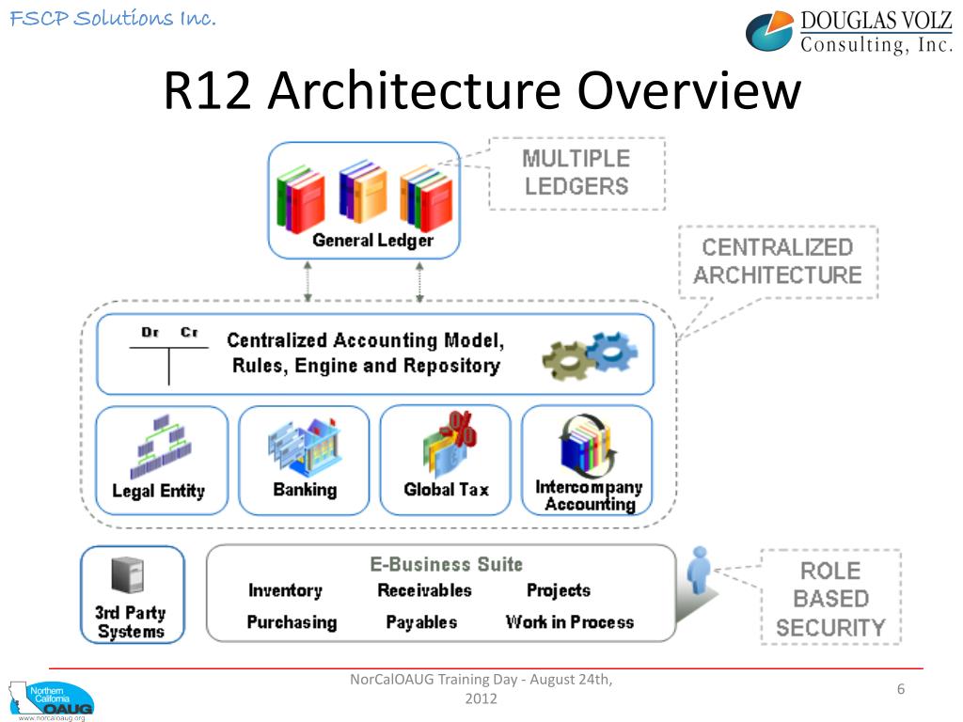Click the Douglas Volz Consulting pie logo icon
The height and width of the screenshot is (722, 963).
coord(769,31)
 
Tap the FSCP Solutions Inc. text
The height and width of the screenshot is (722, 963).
coord(113,18)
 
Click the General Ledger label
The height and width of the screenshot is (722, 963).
coord(372,240)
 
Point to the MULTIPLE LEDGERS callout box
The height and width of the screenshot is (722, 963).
coord(576,173)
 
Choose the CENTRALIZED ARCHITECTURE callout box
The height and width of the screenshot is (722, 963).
coord(778,262)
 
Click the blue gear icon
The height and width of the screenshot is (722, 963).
coord(611,352)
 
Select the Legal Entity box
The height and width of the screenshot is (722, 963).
coord(162,460)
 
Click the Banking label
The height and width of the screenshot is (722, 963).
coord(306,489)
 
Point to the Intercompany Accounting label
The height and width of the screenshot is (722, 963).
coord(589,495)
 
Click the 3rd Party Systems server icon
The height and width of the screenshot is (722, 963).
coord(128,574)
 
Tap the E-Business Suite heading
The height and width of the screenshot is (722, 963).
coord(446,564)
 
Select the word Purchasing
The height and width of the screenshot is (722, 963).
coord(292,622)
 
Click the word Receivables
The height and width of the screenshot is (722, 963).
coord(424,590)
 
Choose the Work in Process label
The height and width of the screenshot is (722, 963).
coord(570,622)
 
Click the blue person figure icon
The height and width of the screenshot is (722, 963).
coord(699,571)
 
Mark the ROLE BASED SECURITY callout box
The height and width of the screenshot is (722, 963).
coord(831,597)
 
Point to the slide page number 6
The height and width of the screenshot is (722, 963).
coord(901,689)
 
